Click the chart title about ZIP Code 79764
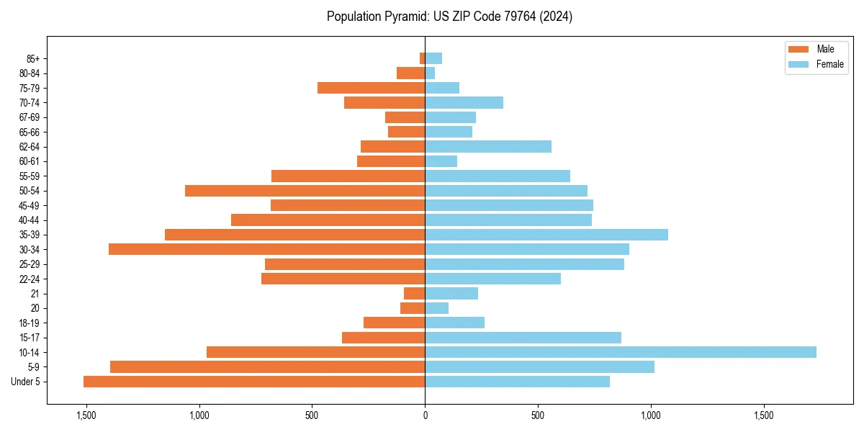449,17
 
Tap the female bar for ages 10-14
621,352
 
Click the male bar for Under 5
254,382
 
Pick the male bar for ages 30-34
266,249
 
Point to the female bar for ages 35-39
546,235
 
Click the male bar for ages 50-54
305,191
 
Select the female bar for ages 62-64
488,147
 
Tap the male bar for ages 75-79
371,88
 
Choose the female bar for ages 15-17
523,338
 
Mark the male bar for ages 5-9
267,367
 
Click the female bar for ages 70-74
464,102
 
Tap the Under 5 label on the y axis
26,382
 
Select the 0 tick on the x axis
425,415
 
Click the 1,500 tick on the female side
764,415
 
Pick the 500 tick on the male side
312,415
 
